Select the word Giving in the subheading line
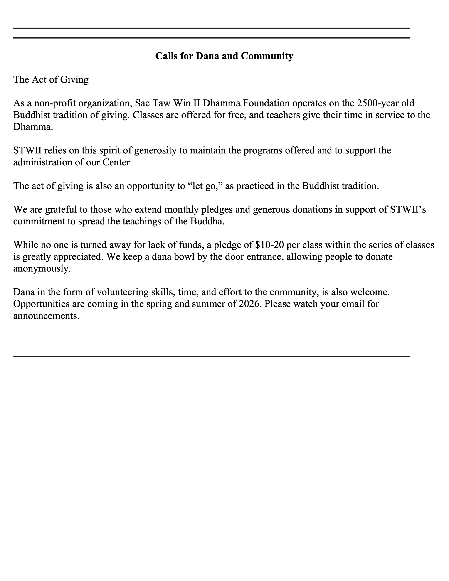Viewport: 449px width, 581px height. (x=74, y=79)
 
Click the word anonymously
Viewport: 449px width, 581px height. (x=42, y=269)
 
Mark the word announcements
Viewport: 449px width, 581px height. (x=46, y=316)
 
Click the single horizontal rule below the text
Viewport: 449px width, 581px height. (x=211, y=356)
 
